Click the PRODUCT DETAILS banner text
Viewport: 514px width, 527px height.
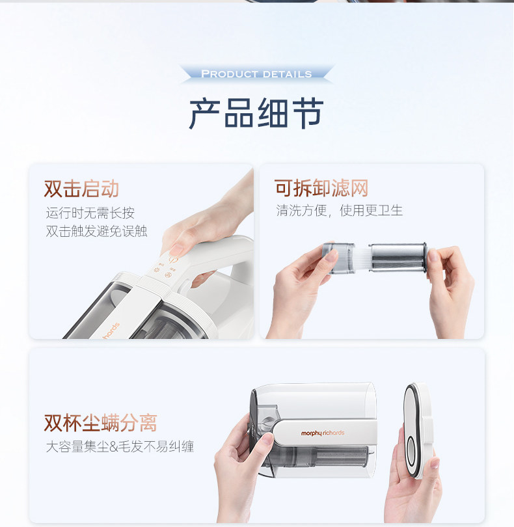(256, 74)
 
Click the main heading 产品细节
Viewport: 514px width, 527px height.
(256, 113)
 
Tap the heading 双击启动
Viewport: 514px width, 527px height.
(82, 189)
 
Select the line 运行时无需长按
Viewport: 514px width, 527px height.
(90, 213)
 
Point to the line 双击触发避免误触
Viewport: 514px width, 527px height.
(96, 231)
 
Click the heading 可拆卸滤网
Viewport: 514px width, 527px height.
(321, 187)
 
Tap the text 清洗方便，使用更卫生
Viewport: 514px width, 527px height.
(339, 210)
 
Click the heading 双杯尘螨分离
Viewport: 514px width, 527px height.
(100, 423)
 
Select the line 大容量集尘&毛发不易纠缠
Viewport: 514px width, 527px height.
(120, 447)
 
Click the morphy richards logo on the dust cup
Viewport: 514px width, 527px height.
(322, 433)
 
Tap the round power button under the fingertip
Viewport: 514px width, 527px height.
(173, 260)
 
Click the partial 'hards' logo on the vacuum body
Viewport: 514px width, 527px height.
(111, 331)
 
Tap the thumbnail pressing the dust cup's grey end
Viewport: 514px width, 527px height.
(267, 439)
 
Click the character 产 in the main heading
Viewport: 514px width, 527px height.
(205, 113)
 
